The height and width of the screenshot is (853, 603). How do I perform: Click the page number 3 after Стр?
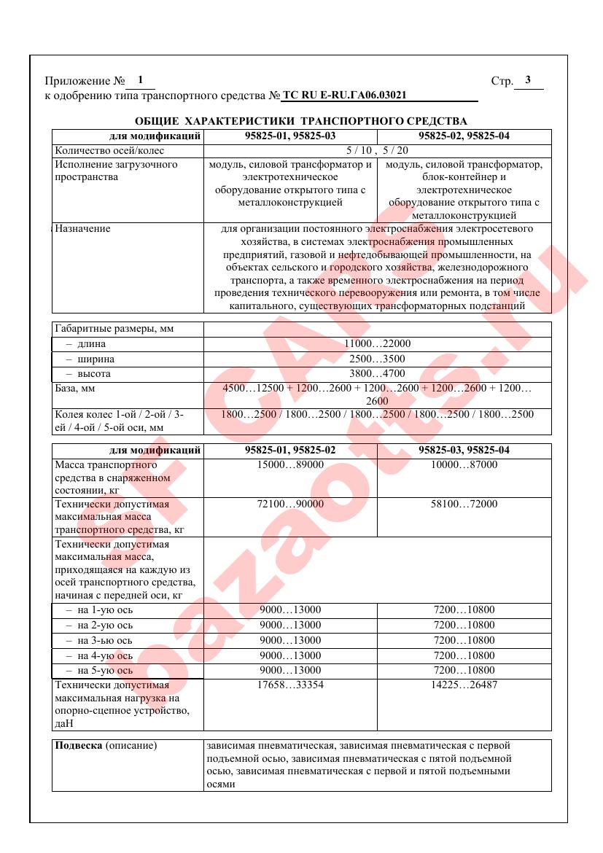528,80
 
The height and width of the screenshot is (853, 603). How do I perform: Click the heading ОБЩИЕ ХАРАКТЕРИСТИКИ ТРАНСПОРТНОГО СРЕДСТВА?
301,121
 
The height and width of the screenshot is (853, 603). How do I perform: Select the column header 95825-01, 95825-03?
290,136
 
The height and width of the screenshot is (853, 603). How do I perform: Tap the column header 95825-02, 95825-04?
464,136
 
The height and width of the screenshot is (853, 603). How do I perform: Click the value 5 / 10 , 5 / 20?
377,151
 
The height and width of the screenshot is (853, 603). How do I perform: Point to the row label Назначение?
82,229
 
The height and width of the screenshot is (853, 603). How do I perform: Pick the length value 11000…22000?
377,344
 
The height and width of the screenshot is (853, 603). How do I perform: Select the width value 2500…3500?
377,359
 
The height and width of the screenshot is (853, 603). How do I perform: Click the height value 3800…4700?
377,374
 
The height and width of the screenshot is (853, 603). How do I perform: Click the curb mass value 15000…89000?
290,464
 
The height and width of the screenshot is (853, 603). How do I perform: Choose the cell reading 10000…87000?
464,464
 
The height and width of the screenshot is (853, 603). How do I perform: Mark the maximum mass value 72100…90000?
290,504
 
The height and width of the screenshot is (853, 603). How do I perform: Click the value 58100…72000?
464,504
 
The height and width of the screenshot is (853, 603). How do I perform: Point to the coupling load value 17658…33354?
290,685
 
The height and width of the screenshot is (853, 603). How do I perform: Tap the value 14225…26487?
464,685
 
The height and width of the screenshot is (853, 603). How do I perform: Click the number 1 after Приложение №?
140,80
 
